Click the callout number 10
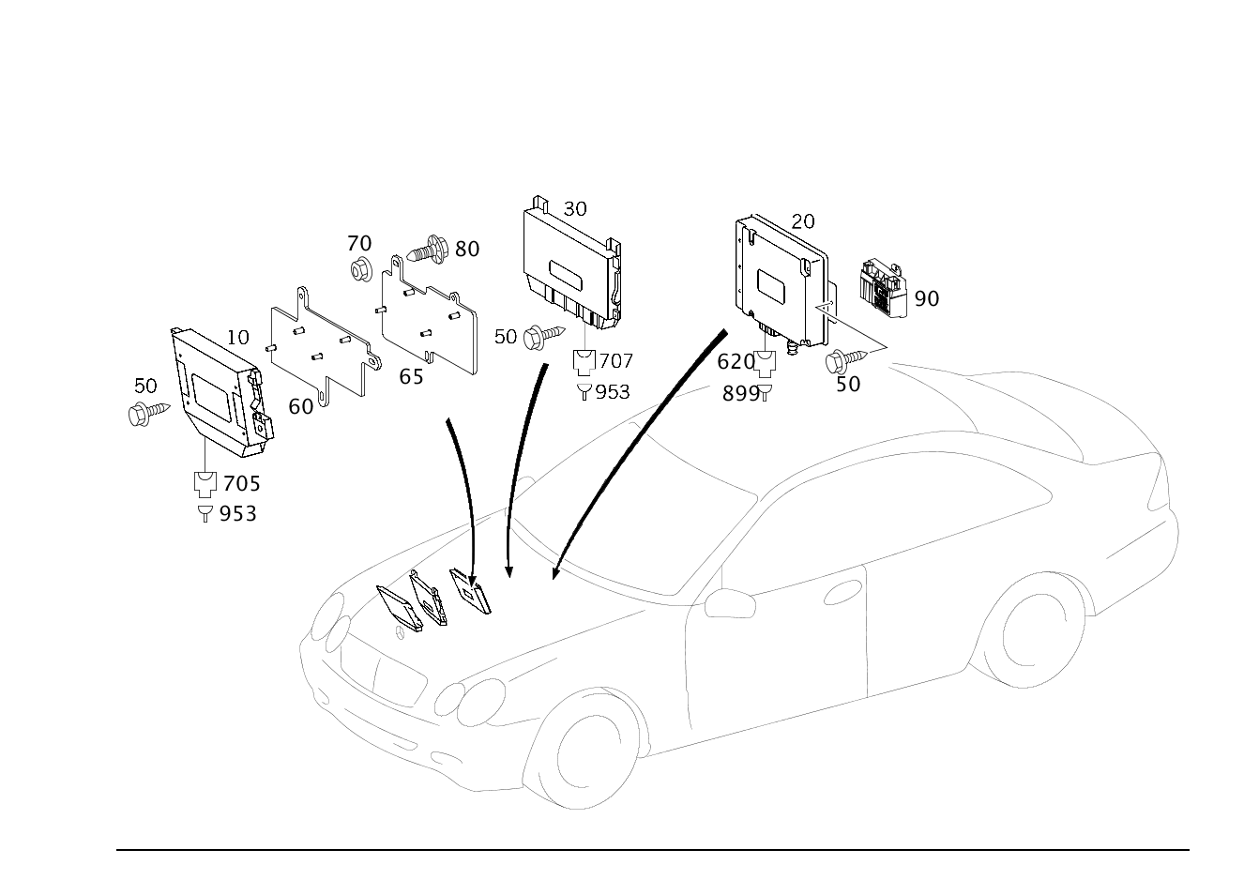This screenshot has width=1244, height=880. pyautogui.click(x=237, y=337)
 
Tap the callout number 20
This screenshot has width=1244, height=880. pyautogui.click(x=802, y=221)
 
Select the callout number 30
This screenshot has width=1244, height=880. pyautogui.click(x=575, y=209)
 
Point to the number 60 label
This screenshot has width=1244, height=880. pyautogui.click(x=300, y=407)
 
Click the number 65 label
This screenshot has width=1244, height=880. pyautogui.click(x=411, y=377)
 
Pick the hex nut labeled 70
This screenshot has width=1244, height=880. pyautogui.click(x=361, y=270)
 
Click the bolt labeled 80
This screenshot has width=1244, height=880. pyautogui.click(x=428, y=250)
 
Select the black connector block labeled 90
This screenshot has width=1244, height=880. pyautogui.click(x=884, y=288)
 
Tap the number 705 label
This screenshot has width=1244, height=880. pyautogui.click(x=242, y=483)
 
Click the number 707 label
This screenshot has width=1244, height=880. pyautogui.click(x=615, y=361)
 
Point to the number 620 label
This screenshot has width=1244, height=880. pyautogui.click(x=736, y=362)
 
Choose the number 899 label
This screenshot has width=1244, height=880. pyautogui.click(x=740, y=394)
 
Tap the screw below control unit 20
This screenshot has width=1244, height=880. pyautogui.click(x=846, y=359)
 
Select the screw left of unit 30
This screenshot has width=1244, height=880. pyautogui.click(x=544, y=335)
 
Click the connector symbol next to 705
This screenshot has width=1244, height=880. pyautogui.click(x=205, y=483)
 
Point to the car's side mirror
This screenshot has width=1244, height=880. pyautogui.click(x=730, y=603)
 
